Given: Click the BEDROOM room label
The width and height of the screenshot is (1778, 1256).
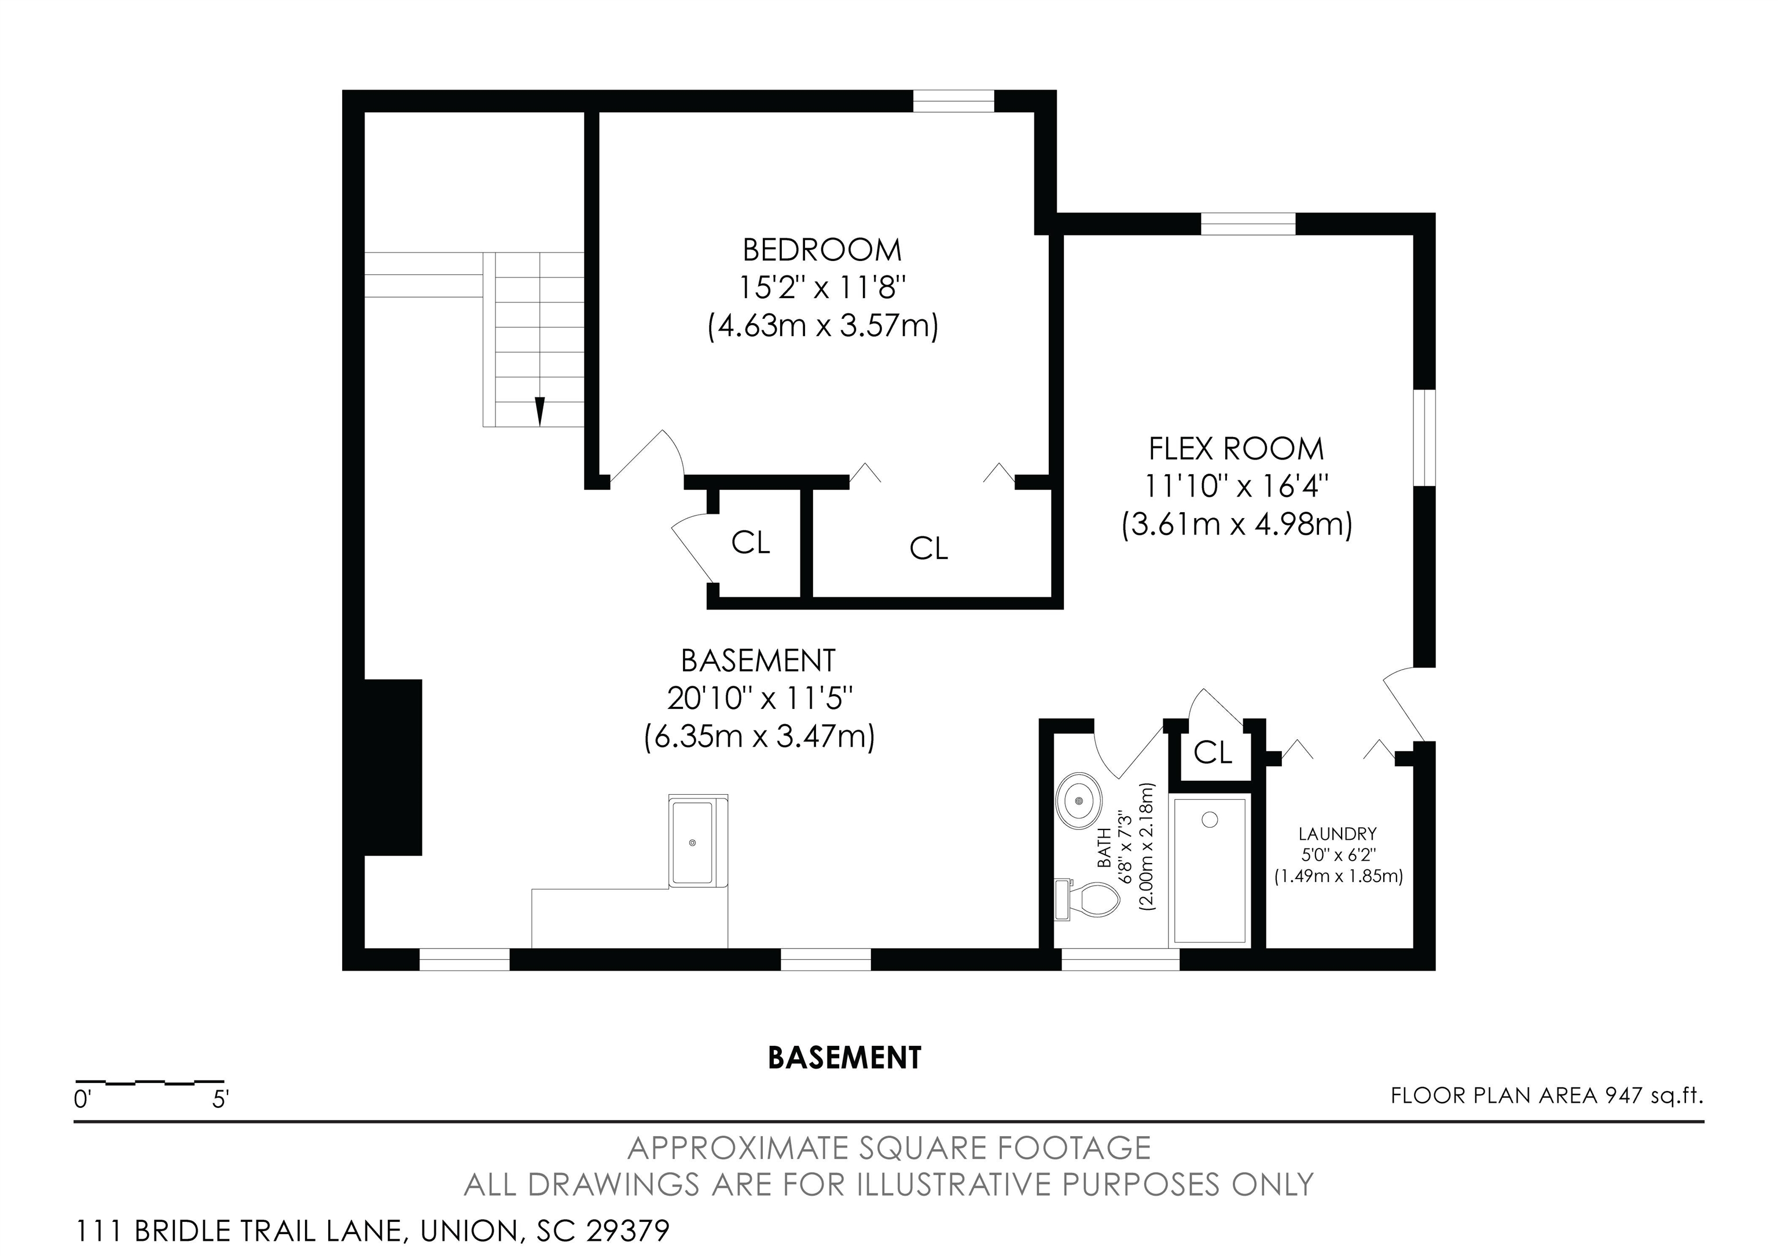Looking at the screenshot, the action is tap(822, 250).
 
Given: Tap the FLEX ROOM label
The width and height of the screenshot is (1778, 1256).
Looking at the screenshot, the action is tap(1236, 449).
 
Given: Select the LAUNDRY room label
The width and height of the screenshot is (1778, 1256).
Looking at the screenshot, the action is tap(1338, 834).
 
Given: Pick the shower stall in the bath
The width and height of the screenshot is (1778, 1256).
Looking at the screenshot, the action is tap(1210, 871).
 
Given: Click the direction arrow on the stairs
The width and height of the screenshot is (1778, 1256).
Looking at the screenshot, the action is tap(540, 411).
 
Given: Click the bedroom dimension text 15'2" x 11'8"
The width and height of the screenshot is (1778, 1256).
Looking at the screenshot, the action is tap(822, 288).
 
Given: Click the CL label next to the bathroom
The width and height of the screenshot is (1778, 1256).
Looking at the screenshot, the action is tap(1213, 752).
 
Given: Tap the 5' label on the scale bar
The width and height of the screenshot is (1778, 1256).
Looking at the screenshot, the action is tap(221, 1100).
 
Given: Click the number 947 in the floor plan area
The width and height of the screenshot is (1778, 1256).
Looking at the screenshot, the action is tap(1624, 1096).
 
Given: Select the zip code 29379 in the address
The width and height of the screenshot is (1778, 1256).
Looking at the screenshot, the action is tap(627, 1231).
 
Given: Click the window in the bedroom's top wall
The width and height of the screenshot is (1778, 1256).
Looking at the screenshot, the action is tap(953, 101).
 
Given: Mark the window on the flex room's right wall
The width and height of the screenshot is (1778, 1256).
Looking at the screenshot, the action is tap(1425, 438).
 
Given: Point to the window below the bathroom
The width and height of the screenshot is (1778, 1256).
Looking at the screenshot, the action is tap(1120, 960).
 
